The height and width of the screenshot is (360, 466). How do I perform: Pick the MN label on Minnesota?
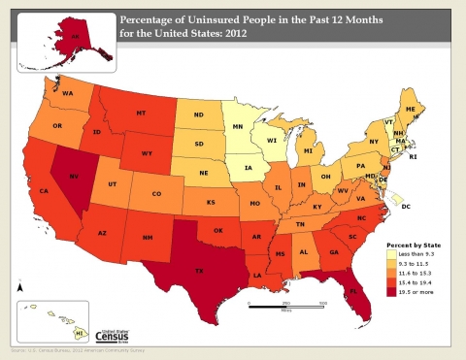[x=236, y=123]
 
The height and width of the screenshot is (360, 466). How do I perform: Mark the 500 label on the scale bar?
[x=320, y=304]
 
